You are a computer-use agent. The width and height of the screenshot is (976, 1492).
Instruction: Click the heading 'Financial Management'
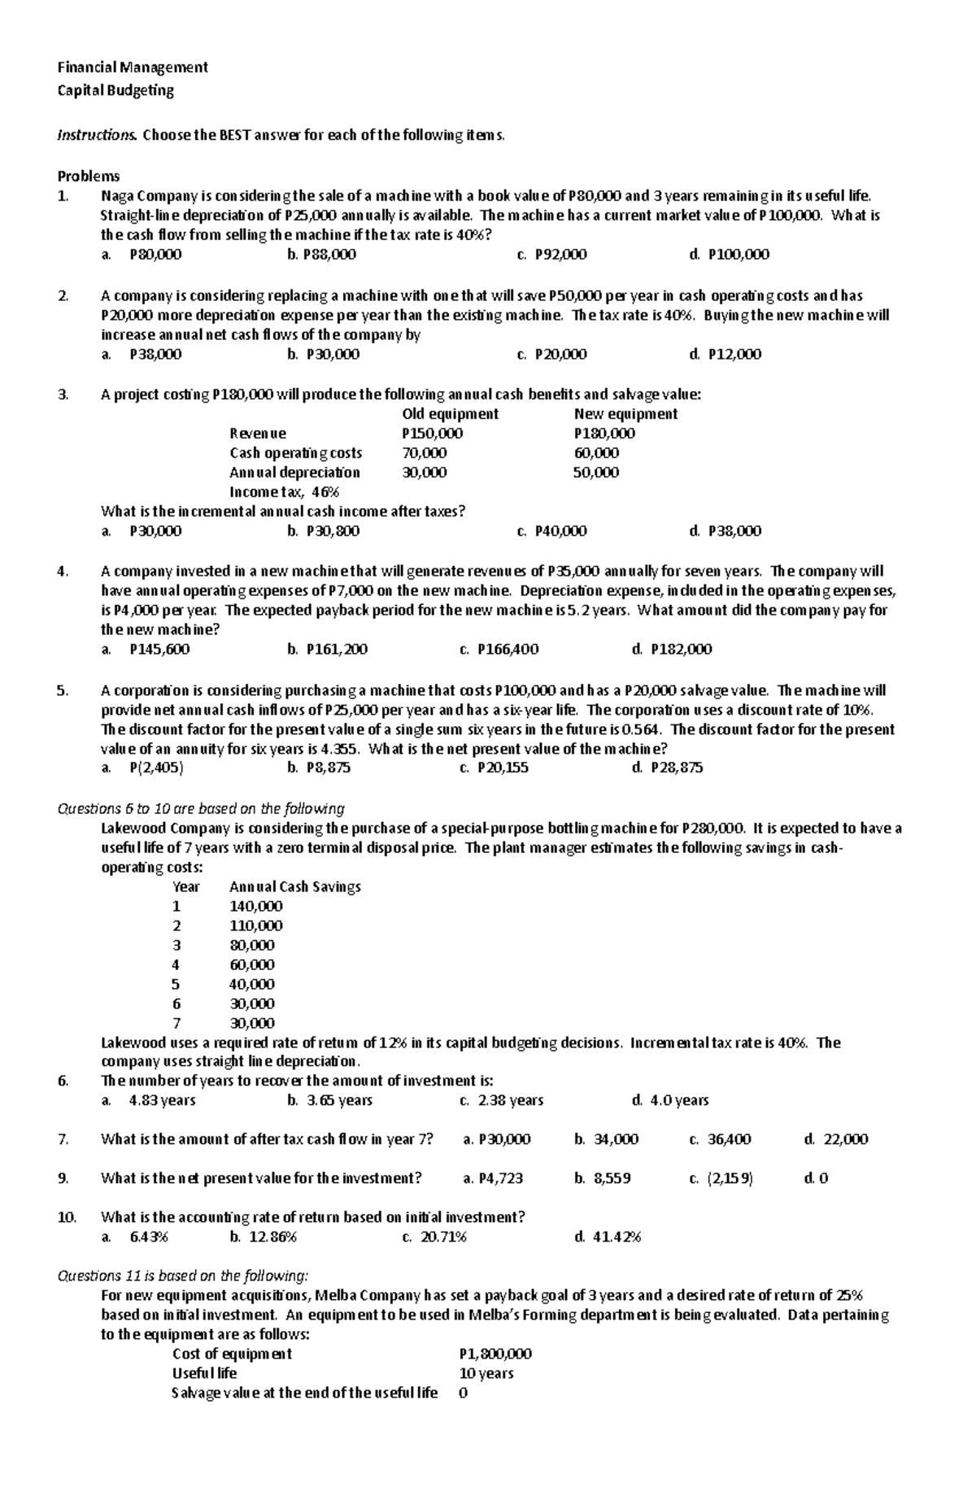tap(132, 67)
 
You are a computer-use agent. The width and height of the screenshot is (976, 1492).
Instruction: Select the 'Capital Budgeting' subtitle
tap(115, 90)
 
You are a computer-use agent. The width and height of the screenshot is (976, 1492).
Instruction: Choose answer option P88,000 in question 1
tap(329, 254)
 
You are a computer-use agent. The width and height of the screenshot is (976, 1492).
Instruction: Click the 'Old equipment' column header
tap(451, 414)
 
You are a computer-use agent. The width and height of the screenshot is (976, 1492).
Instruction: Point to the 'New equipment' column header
tap(625, 414)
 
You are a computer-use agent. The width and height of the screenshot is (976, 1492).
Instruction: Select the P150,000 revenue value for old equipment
tap(432, 433)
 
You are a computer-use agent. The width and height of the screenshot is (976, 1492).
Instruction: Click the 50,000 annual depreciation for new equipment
tap(595, 472)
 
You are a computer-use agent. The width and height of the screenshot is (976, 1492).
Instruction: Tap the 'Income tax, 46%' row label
tap(284, 492)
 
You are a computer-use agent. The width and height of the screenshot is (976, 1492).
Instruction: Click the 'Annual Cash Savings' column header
tap(295, 886)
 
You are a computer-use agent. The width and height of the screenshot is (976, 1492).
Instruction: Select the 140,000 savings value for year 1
tap(256, 906)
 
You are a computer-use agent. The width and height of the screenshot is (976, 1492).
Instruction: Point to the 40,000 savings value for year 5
tap(252, 984)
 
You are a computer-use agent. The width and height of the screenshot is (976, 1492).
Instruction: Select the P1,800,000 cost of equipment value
tap(495, 1354)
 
